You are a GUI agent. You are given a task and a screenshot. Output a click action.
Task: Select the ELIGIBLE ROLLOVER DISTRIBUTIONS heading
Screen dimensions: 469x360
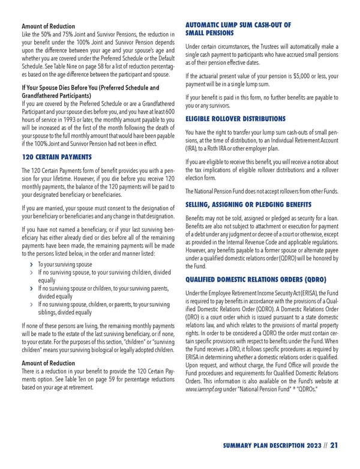click(x=235, y=119)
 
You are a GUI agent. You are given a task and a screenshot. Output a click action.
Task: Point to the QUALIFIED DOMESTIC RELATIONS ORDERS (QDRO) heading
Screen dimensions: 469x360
click(x=256, y=279)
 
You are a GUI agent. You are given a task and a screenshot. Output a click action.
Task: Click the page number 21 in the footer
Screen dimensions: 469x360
click(x=334, y=445)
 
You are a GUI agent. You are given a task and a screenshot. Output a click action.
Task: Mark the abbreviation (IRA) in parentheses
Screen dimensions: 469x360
click(x=193, y=148)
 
